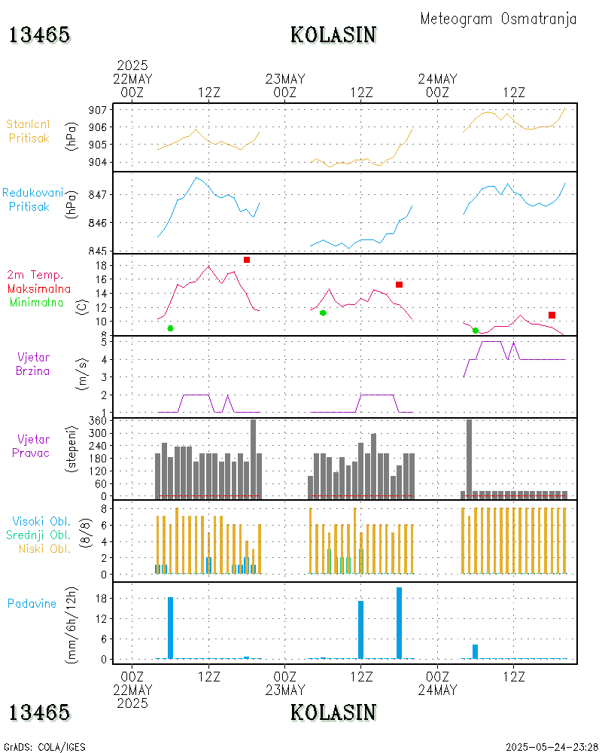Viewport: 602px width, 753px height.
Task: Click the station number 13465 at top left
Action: click(x=40, y=35)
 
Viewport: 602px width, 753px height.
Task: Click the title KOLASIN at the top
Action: click(x=333, y=35)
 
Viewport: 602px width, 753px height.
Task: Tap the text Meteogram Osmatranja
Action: click(x=498, y=19)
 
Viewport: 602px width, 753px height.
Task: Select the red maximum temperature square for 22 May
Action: click(x=247, y=260)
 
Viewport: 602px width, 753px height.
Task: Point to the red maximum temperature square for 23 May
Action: click(x=400, y=284)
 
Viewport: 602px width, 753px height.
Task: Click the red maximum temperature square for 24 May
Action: click(x=552, y=315)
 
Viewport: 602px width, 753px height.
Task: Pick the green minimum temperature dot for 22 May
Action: click(x=171, y=328)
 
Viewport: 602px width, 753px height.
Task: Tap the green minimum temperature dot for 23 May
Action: click(x=323, y=312)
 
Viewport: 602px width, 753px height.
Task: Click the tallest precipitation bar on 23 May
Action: click(x=399, y=623)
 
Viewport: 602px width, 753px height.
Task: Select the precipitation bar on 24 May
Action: click(x=475, y=651)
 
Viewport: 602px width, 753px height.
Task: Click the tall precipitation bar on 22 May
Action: click(x=171, y=627)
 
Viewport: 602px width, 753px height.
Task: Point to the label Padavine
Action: click(x=32, y=603)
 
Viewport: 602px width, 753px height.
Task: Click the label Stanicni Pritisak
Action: click(x=29, y=130)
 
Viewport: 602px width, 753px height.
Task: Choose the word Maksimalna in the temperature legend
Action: click(x=39, y=288)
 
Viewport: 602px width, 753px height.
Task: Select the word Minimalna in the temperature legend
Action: click(x=37, y=302)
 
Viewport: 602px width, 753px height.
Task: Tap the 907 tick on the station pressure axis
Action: click(x=96, y=110)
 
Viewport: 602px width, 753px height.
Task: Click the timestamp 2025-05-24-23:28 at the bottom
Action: click(x=552, y=747)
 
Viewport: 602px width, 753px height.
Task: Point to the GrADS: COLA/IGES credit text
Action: click(x=44, y=747)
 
